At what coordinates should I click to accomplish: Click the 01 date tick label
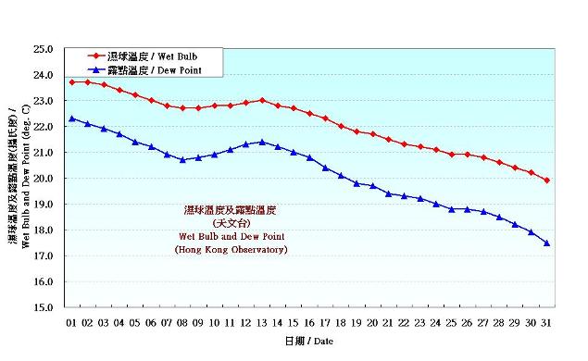72,321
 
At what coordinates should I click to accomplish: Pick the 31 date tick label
546,321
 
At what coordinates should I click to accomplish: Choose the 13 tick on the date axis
262,321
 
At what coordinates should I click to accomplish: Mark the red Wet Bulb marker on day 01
72,82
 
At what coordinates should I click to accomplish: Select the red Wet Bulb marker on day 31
546,180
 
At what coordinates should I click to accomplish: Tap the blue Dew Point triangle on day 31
546,243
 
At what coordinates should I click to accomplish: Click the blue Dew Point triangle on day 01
72,118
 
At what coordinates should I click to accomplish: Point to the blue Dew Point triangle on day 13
262,142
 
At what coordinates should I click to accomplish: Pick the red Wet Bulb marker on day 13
262,100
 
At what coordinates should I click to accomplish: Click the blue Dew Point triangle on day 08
182,159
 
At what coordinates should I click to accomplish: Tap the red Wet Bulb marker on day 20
372,134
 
